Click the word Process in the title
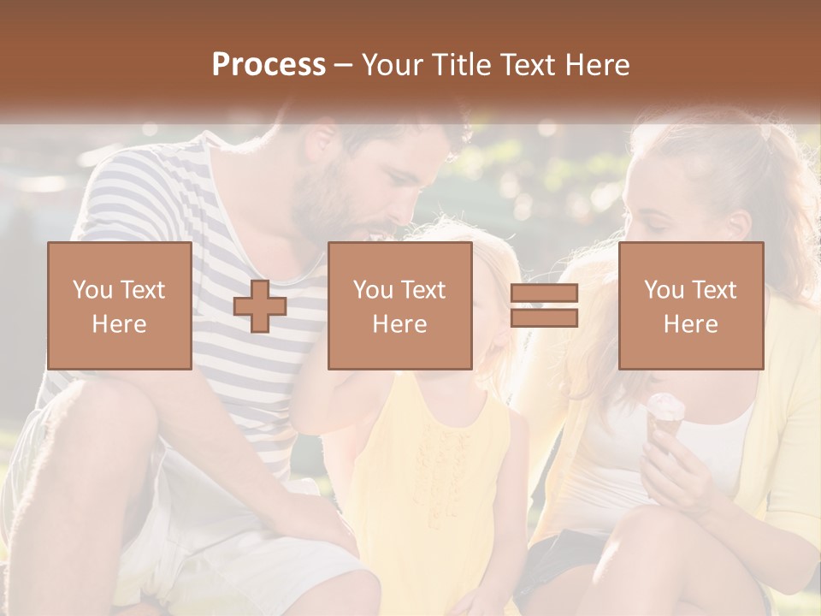[269, 65]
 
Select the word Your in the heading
[393, 65]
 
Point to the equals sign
[544, 306]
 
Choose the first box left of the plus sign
[120, 306]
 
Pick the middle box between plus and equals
[400, 306]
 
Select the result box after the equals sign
[691, 306]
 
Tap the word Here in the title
[597, 65]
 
